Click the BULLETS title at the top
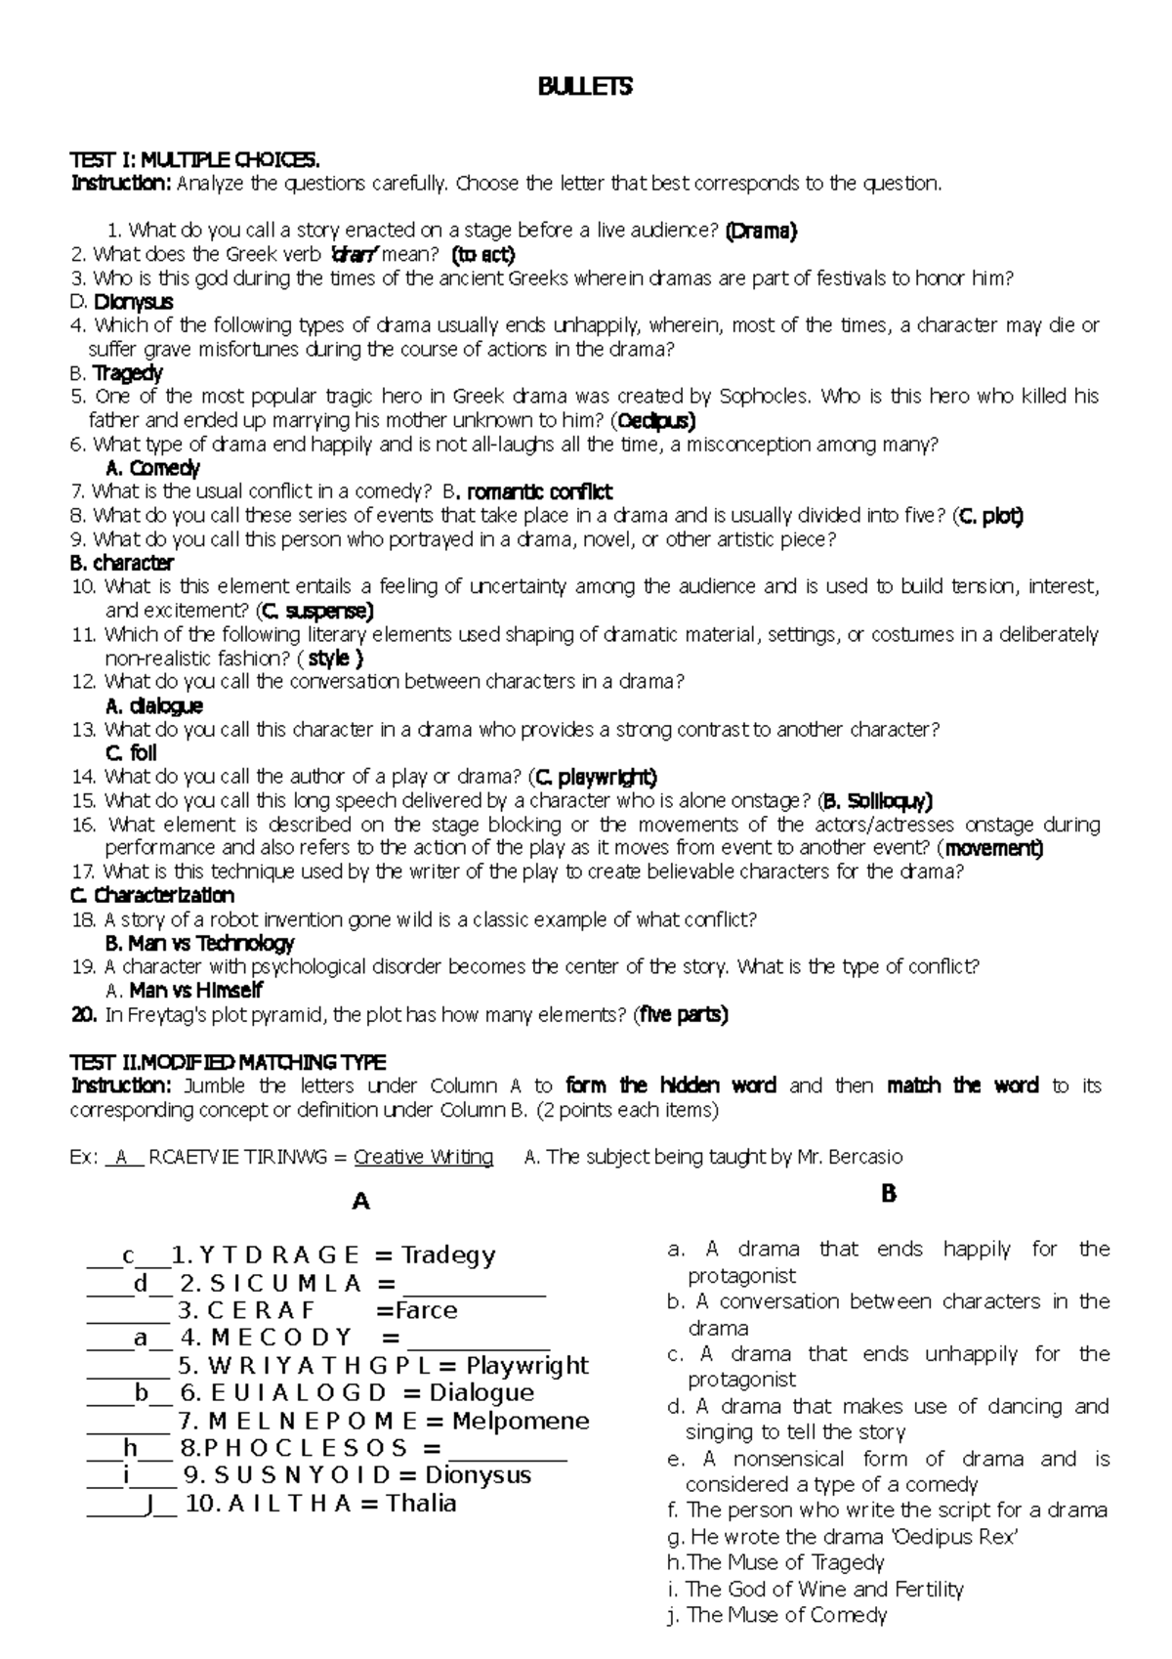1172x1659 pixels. (585, 87)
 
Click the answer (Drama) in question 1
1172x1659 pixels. (761, 232)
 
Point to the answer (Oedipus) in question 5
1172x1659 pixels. (653, 421)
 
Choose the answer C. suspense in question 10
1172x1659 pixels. (314, 612)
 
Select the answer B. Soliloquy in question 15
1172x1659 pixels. (876, 801)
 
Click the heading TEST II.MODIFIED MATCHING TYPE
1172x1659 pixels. (228, 1062)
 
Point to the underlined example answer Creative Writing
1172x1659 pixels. (423, 1158)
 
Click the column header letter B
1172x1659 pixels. (888, 1193)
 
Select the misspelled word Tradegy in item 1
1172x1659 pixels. (448, 1255)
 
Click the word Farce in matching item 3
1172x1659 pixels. (426, 1310)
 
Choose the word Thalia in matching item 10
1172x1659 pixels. (421, 1503)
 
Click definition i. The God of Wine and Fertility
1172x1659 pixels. (815, 1590)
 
